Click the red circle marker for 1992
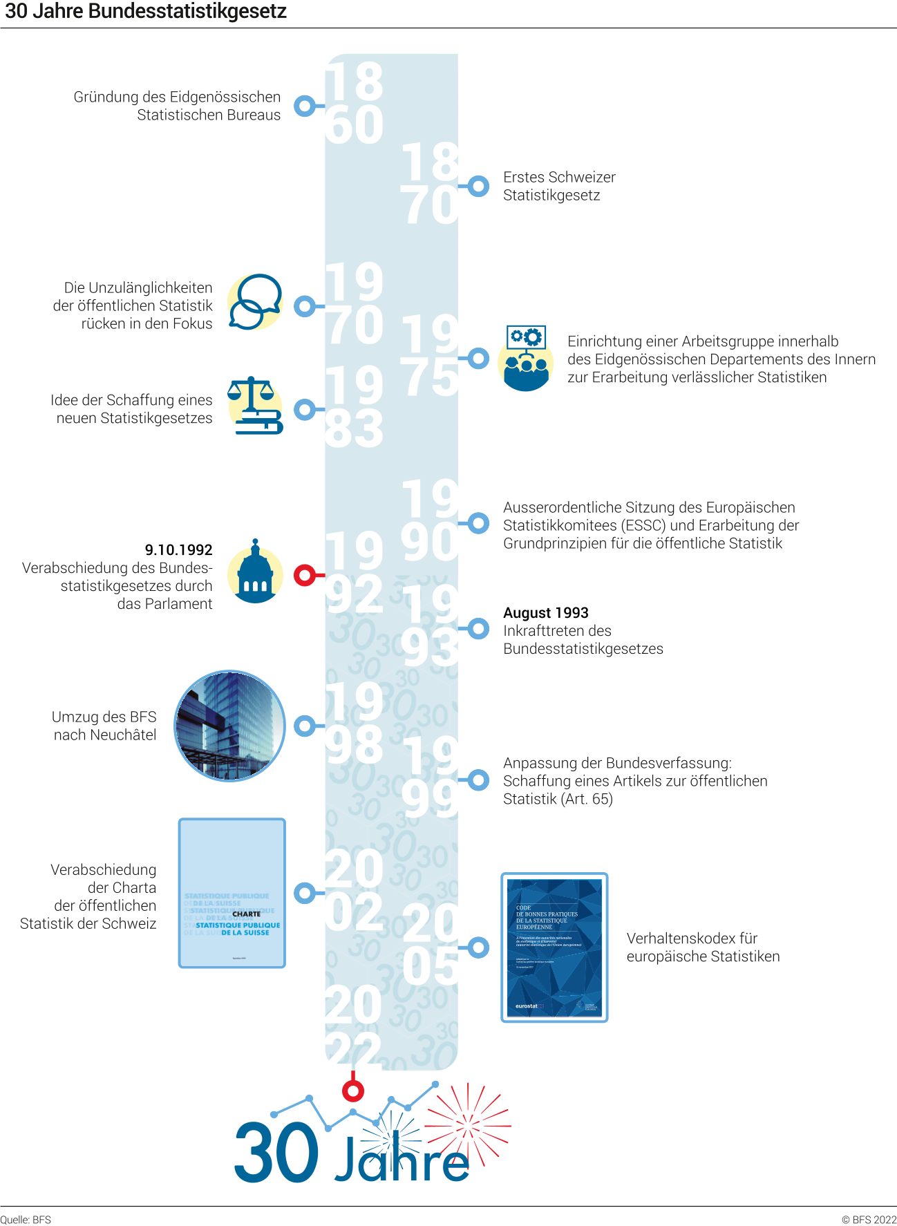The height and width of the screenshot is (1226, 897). point(304,575)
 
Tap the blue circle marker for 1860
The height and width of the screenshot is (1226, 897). point(304,106)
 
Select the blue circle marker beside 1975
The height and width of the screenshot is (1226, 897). point(478,358)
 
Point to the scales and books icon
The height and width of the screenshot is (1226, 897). point(255,406)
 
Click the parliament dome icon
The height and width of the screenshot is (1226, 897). point(255,574)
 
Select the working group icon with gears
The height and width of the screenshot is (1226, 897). point(526,359)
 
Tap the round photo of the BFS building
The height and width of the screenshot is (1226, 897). point(229,726)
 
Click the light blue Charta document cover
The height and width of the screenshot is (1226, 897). point(232,893)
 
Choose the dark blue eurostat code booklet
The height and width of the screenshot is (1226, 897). point(554,947)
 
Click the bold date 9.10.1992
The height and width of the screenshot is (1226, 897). point(178,550)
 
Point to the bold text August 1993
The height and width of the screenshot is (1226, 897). point(546,613)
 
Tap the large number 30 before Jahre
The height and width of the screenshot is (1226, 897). point(276,1153)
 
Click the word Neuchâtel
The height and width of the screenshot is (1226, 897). point(122,735)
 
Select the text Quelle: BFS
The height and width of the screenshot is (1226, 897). point(26,1220)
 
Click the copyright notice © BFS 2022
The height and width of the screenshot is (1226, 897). point(868,1220)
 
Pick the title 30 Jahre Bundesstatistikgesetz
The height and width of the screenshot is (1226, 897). point(146,12)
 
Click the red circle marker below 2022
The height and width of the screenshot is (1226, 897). point(353,1091)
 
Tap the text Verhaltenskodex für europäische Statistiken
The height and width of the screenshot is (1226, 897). point(703,947)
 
